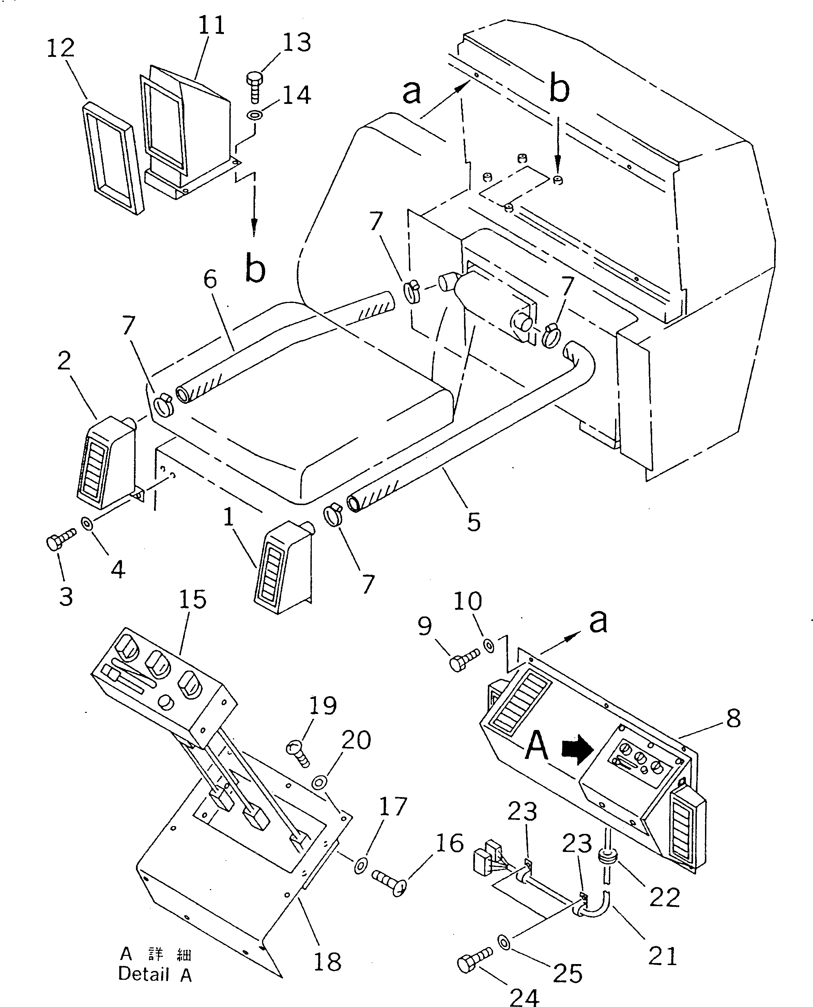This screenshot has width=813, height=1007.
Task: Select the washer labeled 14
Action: [x=254, y=115]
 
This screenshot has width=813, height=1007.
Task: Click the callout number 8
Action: [x=733, y=718]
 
